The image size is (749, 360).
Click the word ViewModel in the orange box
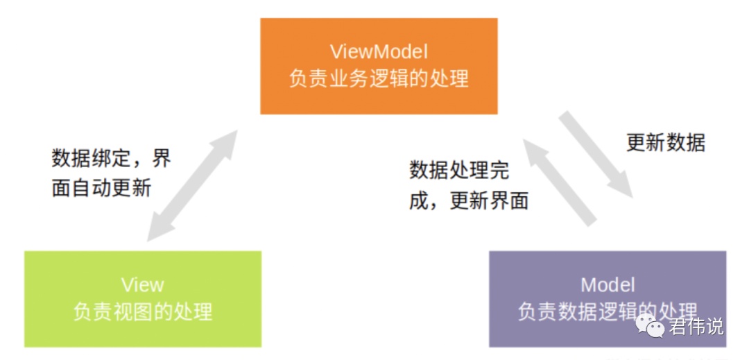pos(379,52)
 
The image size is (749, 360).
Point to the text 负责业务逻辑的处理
pos(379,78)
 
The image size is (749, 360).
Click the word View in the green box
pos(142,285)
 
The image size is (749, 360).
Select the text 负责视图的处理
pos(142,311)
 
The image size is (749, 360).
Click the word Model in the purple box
pos(608,285)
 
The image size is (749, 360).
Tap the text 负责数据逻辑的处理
pos(608,311)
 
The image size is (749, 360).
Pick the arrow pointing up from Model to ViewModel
pos(558,180)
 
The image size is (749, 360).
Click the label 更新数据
pos(666,143)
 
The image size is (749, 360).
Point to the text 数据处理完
pos(459,170)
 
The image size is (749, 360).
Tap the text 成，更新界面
pos(469,201)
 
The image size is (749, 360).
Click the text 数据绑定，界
pos(111,159)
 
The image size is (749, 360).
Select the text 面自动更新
pos(101,188)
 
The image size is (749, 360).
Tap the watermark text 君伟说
pos(696,325)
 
